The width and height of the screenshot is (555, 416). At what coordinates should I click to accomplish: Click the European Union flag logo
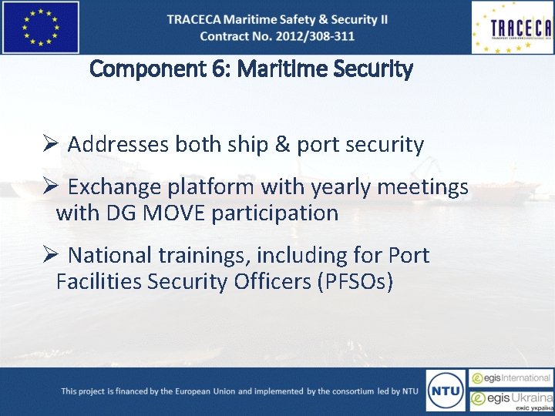pyautogui.click(x=40, y=27)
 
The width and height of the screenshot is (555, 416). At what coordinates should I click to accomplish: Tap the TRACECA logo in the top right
pyautogui.click(x=512, y=28)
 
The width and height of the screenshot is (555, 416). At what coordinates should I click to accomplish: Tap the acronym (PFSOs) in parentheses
pyautogui.click(x=355, y=281)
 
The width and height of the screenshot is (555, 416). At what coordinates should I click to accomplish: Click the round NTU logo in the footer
pyautogui.click(x=445, y=390)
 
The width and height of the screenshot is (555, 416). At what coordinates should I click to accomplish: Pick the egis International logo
pyautogui.click(x=512, y=378)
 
